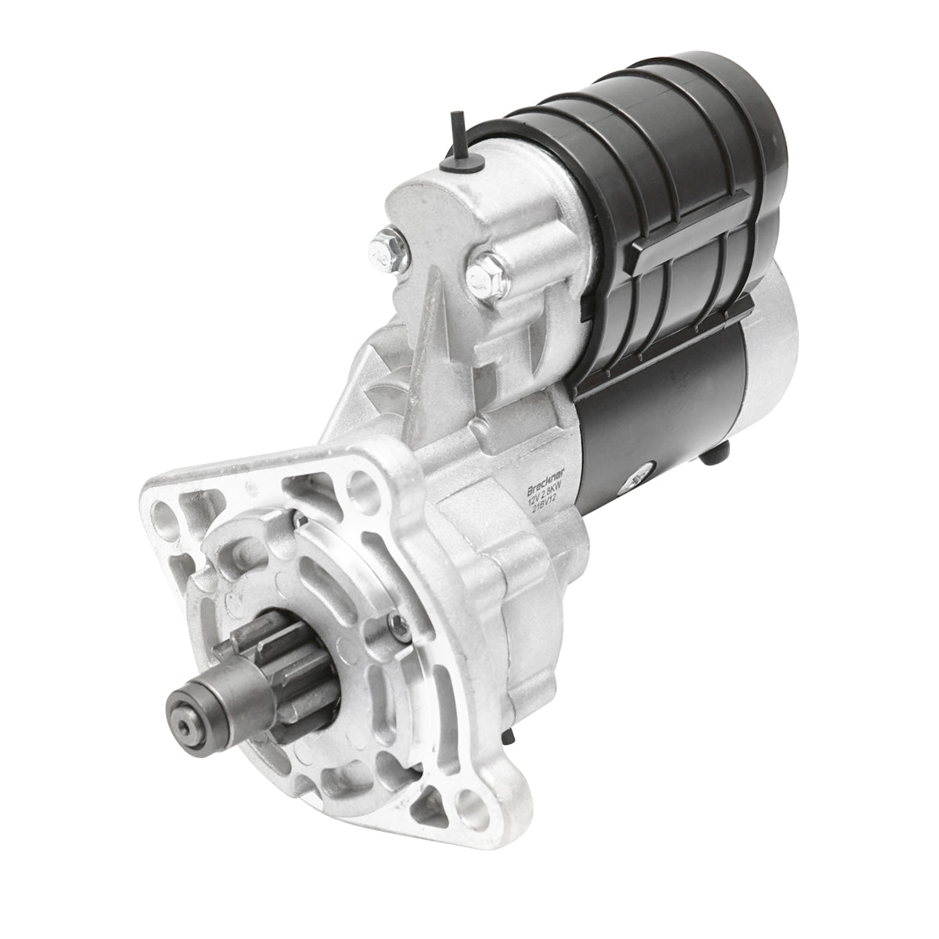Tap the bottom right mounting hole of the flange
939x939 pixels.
469,798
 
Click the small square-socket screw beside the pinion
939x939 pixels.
396,622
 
